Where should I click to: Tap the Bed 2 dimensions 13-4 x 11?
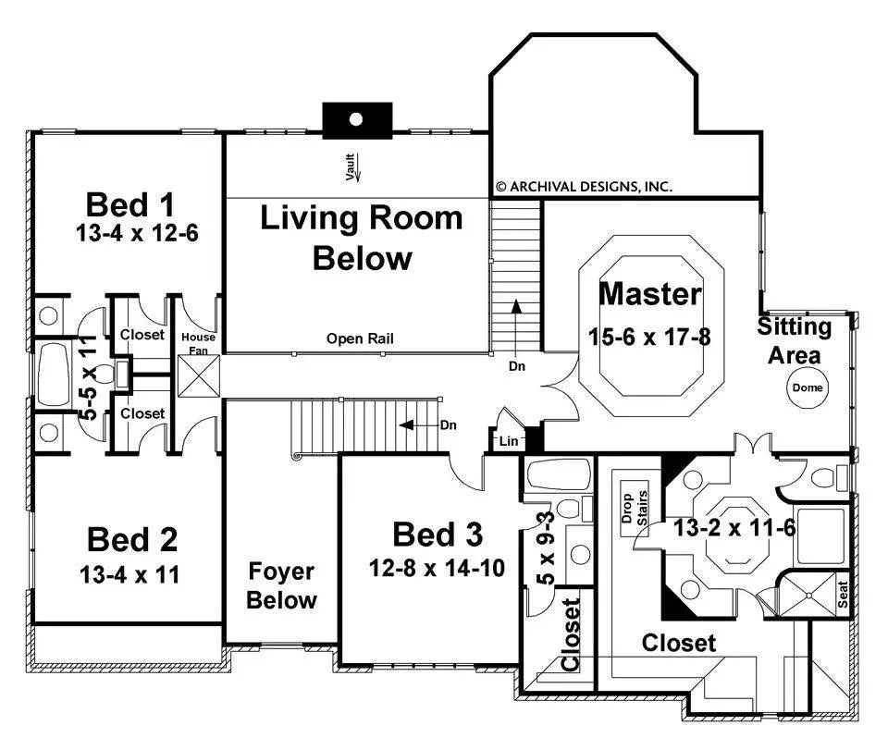point(129,574)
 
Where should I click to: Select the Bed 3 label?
point(438,534)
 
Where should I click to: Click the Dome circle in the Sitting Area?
point(808,388)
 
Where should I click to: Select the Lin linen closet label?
point(509,442)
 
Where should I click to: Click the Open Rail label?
point(360,339)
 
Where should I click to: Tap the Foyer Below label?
point(282,585)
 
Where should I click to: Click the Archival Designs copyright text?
point(584,186)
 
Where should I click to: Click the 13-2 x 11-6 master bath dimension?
point(735,529)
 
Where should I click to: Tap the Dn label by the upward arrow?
point(516,366)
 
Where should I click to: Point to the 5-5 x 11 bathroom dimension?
point(89,379)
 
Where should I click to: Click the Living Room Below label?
point(361,238)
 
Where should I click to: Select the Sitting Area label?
point(795,340)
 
